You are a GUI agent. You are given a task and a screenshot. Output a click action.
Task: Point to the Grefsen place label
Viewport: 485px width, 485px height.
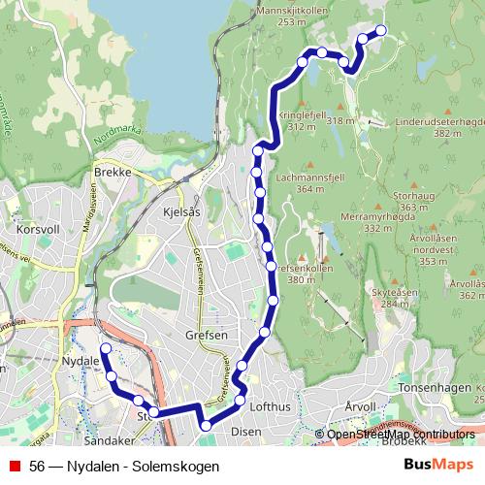[x=206, y=336]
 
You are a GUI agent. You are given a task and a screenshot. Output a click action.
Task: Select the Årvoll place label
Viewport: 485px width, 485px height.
[x=359, y=407]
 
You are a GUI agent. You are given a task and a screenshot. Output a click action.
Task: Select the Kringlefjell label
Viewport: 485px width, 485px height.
[x=299, y=113]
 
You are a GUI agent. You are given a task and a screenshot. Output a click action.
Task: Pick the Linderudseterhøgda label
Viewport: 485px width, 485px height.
[x=439, y=122]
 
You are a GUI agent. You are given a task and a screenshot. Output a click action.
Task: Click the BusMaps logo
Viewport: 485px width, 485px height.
[x=437, y=465]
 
